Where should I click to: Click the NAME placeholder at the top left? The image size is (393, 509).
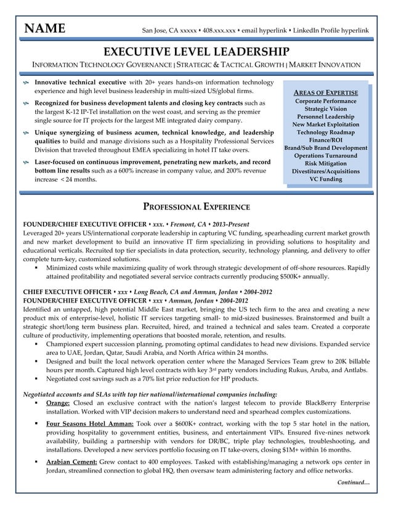[44, 30]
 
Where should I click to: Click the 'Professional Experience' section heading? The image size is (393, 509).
[196, 206]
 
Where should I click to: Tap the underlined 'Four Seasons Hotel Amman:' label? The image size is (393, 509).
[90, 424]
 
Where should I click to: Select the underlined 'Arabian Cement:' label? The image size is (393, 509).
[71, 461]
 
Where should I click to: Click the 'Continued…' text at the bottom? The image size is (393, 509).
[353, 483]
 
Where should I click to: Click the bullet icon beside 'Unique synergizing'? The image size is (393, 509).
[26, 132]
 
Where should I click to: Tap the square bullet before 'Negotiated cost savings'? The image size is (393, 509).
[38, 379]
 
